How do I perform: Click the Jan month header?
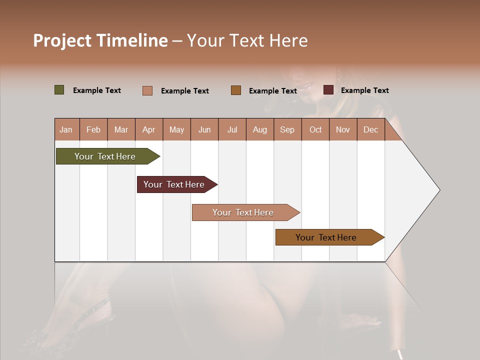pyautogui.click(x=66, y=130)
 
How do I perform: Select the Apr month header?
pyautogui.click(x=148, y=130)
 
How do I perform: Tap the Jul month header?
pyautogui.click(x=232, y=130)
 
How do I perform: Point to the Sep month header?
pyautogui.click(x=287, y=130)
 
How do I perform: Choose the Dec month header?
pyautogui.click(x=370, y=130)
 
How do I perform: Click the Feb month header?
pyautogui.click(x=93, y=130)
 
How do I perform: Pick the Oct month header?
pyautogui.click(x=315, y=130)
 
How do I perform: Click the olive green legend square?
pyautogui.click(x=59, y=90)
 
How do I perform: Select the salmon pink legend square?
pyautogui.click(x=147, y=90)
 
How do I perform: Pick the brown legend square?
pyautogui.click(x=236, y=90)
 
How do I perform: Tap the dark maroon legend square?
pyautogui.click(x=328, y=90)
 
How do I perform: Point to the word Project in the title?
pyautogui.click(x=62, y=40)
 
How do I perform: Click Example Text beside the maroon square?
pyautogui.click(x=364, y=90)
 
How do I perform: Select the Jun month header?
pyautogui.click(x=204, y=130)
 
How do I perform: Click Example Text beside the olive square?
pyautogui.click(x=97, y=90)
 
